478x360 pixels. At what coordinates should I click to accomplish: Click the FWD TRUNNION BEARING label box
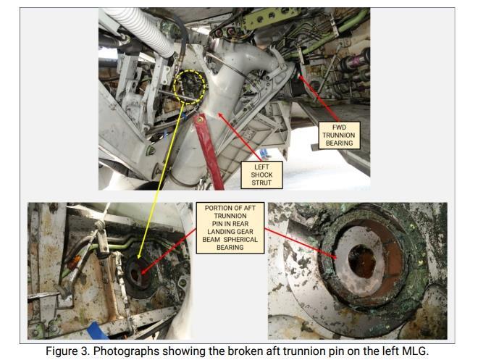[x=340, y=134]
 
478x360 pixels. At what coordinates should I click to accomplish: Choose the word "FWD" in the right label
[x=340, y=126]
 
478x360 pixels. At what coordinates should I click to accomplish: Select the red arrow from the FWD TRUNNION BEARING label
[x=319, y=93]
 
